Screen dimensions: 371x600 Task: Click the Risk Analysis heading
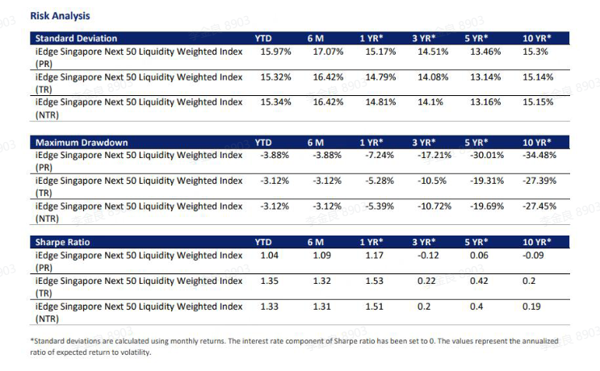point(60,15)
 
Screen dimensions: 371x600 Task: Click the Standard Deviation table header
point(75,38)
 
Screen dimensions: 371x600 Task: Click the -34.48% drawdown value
point(536,156)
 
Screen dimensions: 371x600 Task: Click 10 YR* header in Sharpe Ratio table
point(537,242)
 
